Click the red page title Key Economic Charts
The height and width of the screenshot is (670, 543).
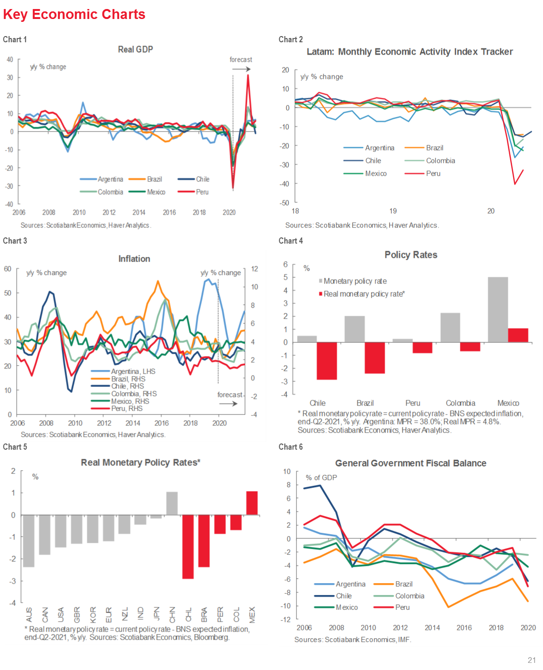tap(74, 14)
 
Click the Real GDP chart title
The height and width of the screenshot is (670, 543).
tap(135, 49)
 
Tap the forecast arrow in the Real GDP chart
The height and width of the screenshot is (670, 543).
tap(241, 69)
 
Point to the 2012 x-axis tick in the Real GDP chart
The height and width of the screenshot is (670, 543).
tap(109, 212)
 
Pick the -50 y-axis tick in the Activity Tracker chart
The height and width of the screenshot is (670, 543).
tap(285, 203)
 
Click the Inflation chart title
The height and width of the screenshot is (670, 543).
tap(134, 259)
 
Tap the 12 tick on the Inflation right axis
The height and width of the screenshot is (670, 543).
tap(254, 269)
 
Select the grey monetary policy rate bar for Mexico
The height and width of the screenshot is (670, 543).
tap(498, 309)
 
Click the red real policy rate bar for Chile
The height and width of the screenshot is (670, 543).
tap(327, 361)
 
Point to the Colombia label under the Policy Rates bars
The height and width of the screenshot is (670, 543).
tap(460, 403)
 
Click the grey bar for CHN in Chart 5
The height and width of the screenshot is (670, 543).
tap(172, 503)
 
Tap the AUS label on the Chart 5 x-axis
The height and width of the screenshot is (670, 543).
tap(29, 615)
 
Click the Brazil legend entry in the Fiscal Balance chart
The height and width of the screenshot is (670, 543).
tap(403, 584)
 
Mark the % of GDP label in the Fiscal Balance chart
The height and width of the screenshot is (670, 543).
tap(321, 478)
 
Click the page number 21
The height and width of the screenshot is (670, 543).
tap(532, 660)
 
